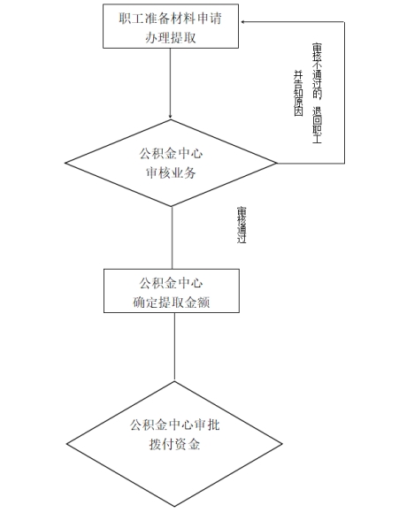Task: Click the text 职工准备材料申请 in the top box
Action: tap(171, 19)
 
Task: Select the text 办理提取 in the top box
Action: tap(171, 37)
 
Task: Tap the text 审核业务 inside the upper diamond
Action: tap(171, 173)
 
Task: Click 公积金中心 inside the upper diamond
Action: tap(171, 154)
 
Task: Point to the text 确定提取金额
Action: tap(171, 302)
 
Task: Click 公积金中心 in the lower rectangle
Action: tap(171, 283)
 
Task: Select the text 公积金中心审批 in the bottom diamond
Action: tap(175, 425)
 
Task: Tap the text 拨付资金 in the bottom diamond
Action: tap(174, 444)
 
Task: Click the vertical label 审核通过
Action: tap(242, 225)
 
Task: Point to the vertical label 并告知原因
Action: tap(298, 93)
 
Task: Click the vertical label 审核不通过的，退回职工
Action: tap(317, 93)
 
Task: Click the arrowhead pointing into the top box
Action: tap(243, 22)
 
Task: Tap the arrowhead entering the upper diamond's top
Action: tap(171, 117)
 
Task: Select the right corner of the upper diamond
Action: tap(277, 164)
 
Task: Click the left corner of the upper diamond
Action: tap(65, 164)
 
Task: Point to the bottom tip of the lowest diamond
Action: tap(174, 506)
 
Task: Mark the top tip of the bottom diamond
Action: tap(174, 381)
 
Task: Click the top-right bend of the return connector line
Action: tap(344, 22)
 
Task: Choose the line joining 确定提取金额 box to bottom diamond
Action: tap(174, 347)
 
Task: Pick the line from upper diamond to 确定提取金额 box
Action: tap(172, 238)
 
